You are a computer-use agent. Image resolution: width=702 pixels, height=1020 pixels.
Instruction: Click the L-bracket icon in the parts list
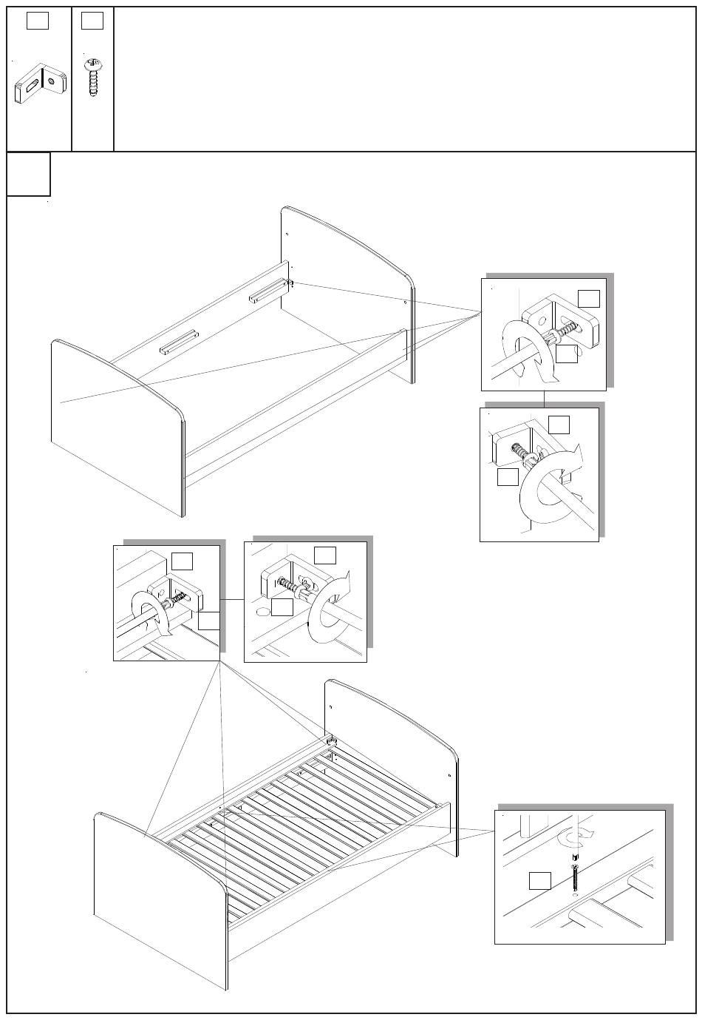[x=39, y=84]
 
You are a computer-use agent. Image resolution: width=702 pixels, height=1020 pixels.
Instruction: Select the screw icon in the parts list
[x=92, y=78]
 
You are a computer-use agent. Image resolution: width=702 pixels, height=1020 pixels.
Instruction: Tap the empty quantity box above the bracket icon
[x=38, y=21]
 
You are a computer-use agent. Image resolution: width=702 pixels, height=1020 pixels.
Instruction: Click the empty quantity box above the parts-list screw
[x=92, y=21]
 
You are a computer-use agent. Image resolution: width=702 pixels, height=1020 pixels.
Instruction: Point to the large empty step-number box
[x=29, y=175]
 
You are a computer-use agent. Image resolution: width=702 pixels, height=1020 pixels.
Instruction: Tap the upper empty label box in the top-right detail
[x=588, y=297]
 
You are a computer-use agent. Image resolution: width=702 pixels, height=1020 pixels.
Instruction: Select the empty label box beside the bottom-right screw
[x=540, y=880]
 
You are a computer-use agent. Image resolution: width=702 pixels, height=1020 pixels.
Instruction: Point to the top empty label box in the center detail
[x=324, y=554]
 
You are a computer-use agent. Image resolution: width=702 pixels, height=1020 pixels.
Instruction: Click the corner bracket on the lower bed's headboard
[x=330, y=740]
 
